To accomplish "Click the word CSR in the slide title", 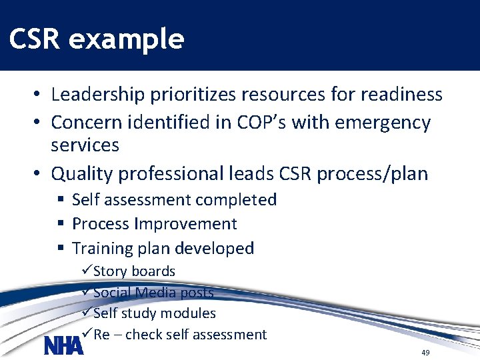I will [34, 40].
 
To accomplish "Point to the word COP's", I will [269, 123].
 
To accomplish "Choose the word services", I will [85, 145].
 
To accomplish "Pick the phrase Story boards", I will [134, 271].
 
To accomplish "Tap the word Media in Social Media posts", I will [157, 293].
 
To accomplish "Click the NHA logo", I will [63, 345].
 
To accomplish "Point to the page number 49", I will [425, 352].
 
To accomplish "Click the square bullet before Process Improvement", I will [60, 224].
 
